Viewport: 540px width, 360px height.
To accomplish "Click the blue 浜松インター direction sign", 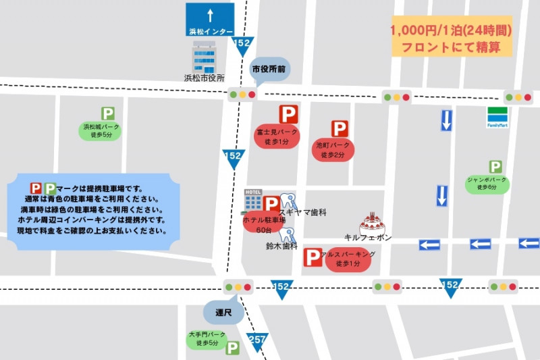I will pyautogui.click(x=210, y=20).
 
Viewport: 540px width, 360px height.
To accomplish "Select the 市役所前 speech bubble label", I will pyautogui.click(x=268, y=69).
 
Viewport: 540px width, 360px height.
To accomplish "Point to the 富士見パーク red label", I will pyautogui.click(x=277, y=136).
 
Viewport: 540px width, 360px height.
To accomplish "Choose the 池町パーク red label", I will pyautogui.click(x=333, y=149).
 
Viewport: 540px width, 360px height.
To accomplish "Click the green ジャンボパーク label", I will pyautogui.click(x=487, y=184).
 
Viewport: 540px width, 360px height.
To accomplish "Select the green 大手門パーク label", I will pyautogui.click(x=207, y=339).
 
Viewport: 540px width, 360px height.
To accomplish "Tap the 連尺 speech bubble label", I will pyautogui.click(x=223, y=312).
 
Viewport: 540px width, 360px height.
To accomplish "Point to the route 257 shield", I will pyautogui.click(x=257, y=340).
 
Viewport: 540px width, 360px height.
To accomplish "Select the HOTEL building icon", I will pyautogui.click(x=253, y=200).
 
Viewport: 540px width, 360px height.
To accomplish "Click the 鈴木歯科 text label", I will pyautogui.click(x=281, y=247).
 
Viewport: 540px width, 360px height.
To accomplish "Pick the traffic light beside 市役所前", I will pyautogui.click(x=242, y=95).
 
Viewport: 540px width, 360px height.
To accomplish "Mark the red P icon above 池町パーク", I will pyautogui.click(x=340, y=129).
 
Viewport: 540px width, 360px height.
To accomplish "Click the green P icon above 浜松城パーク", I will pyautogui.click(x=107, y=113).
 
